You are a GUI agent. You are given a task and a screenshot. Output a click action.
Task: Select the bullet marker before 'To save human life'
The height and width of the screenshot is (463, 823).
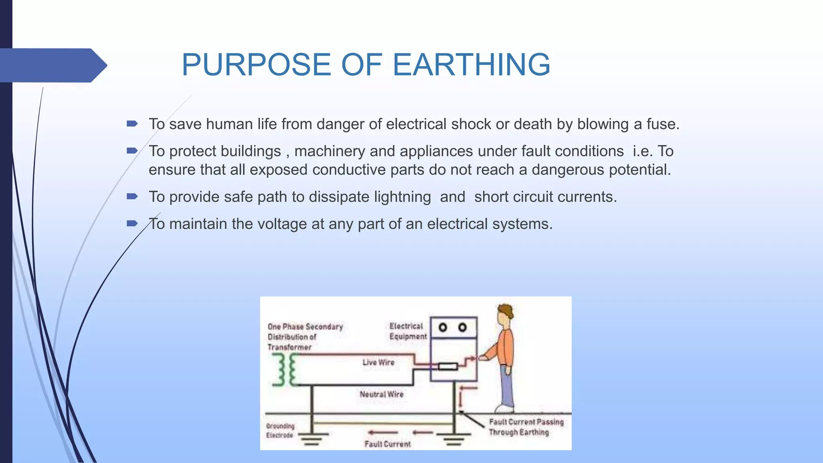click(132, 124)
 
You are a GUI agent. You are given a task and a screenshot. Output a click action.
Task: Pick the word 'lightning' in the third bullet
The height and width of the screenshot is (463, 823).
click(402, 197)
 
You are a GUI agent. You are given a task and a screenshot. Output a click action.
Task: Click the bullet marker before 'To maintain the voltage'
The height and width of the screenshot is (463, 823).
click(132, 223)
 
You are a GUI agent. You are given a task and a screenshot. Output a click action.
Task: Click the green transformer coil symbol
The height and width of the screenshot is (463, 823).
click(286, 370)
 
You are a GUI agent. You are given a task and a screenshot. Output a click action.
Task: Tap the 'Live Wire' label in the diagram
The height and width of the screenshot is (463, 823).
click(378, 363)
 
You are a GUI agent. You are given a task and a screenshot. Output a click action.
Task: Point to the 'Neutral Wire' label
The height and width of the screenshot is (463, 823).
click(381, 394)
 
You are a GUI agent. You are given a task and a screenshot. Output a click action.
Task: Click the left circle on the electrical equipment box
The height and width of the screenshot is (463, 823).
click(443, 328)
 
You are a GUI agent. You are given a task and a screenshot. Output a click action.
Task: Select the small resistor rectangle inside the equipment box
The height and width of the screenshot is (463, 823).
click(448, 366)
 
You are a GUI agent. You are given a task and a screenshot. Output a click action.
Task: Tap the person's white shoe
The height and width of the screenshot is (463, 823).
click(504, 409)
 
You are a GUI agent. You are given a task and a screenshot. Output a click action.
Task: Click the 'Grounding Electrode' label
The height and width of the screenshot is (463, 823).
click(280, 430)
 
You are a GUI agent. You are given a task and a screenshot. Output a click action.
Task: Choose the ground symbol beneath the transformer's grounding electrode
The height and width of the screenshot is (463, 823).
click(312, 439)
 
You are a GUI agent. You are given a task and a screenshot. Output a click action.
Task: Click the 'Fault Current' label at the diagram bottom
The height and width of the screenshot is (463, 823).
click(387, 444)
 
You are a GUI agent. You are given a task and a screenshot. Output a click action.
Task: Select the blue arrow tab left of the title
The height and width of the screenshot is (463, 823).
click(52, 65)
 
